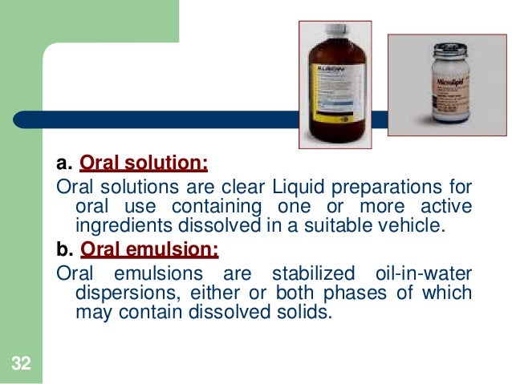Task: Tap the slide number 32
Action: pyautogui.click(x=21, y=365)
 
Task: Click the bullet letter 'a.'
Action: pyautogui.click(x=64, y=165)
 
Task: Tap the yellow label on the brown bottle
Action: pyautogui.click(x=338, y=95)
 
